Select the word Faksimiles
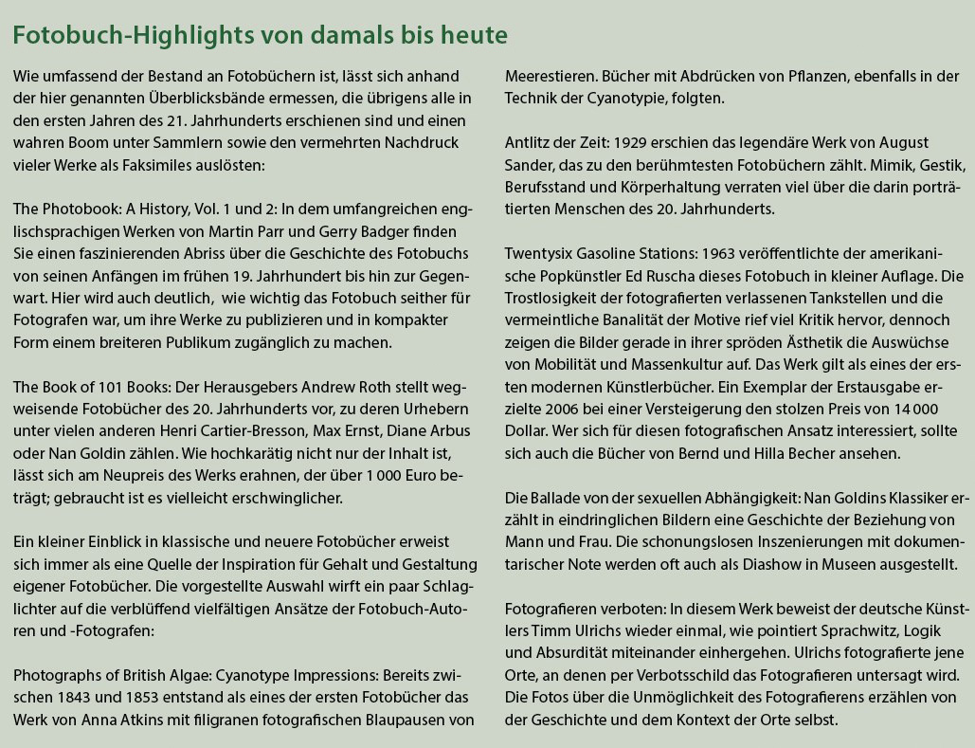203,164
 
